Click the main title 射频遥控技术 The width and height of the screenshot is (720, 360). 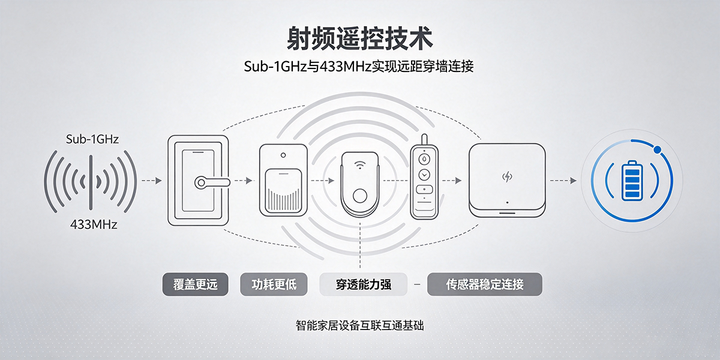(x=359, y=38)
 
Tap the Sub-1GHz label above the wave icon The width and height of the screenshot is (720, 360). (x=92, y=139)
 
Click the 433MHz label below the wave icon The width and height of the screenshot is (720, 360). (x=94, y=224)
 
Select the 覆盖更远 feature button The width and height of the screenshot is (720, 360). (x=195, y=284)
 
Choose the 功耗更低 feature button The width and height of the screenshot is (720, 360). (x=274, y=284)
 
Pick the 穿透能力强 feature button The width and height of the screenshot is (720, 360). (x=363, y=284)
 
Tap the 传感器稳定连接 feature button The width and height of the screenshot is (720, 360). (x=484, y=284)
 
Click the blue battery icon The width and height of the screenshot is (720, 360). (x=632, y=181)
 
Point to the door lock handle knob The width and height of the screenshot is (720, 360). (x=201, y=182)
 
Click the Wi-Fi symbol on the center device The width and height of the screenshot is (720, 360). (x=359, y=165)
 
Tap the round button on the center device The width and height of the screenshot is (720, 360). (x=359, y=196)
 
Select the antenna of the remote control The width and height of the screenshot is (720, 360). (x=424, y=139)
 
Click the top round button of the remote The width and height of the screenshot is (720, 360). (x=424, y=159)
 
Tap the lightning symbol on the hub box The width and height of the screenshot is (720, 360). (x=507, y=176)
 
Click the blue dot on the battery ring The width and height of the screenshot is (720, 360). (x=658, y=149)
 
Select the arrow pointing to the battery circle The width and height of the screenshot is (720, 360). (x=563, y=181)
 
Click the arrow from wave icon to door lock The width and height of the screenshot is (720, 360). (x=152, y=181)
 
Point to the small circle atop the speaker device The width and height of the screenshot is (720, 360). (x=283, y=155)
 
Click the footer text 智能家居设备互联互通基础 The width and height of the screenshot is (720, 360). (x=359, y=326)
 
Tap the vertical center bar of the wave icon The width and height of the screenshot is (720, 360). (x=91, y=182)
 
